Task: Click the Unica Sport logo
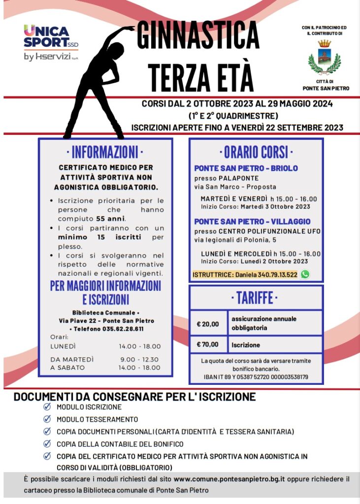(51, 43)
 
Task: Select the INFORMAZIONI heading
(105, 152)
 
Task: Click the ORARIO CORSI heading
(256, 152)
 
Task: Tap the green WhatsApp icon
(305, 274)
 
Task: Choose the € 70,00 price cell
(208, 345)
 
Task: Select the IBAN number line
(256, 377)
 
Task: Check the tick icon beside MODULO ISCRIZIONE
(47, 407)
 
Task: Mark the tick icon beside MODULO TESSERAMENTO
(47, 419)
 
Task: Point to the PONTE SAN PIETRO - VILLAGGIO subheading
(252, 221)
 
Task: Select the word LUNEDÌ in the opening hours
(63, 346)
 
